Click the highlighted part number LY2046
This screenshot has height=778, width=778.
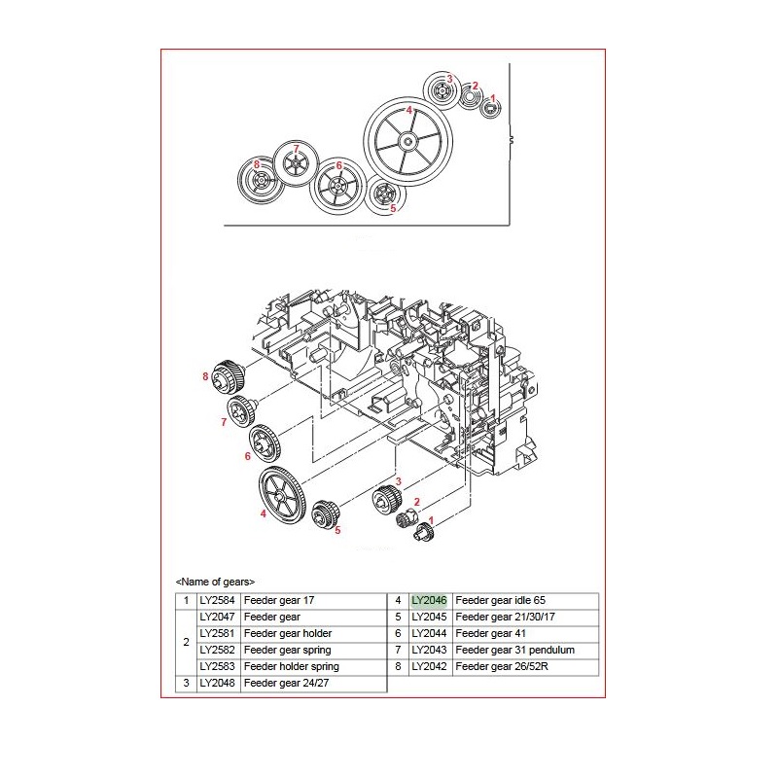[429, 600]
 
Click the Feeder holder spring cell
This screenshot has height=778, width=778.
[292, 666]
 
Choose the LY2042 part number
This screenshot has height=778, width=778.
[429, 666]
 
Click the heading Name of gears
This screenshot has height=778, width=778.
[215, 582]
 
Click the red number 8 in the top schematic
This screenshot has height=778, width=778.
[257, 164]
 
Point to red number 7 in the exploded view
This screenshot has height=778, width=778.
[223, 423]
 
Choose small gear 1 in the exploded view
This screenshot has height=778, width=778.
[424, 530]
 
